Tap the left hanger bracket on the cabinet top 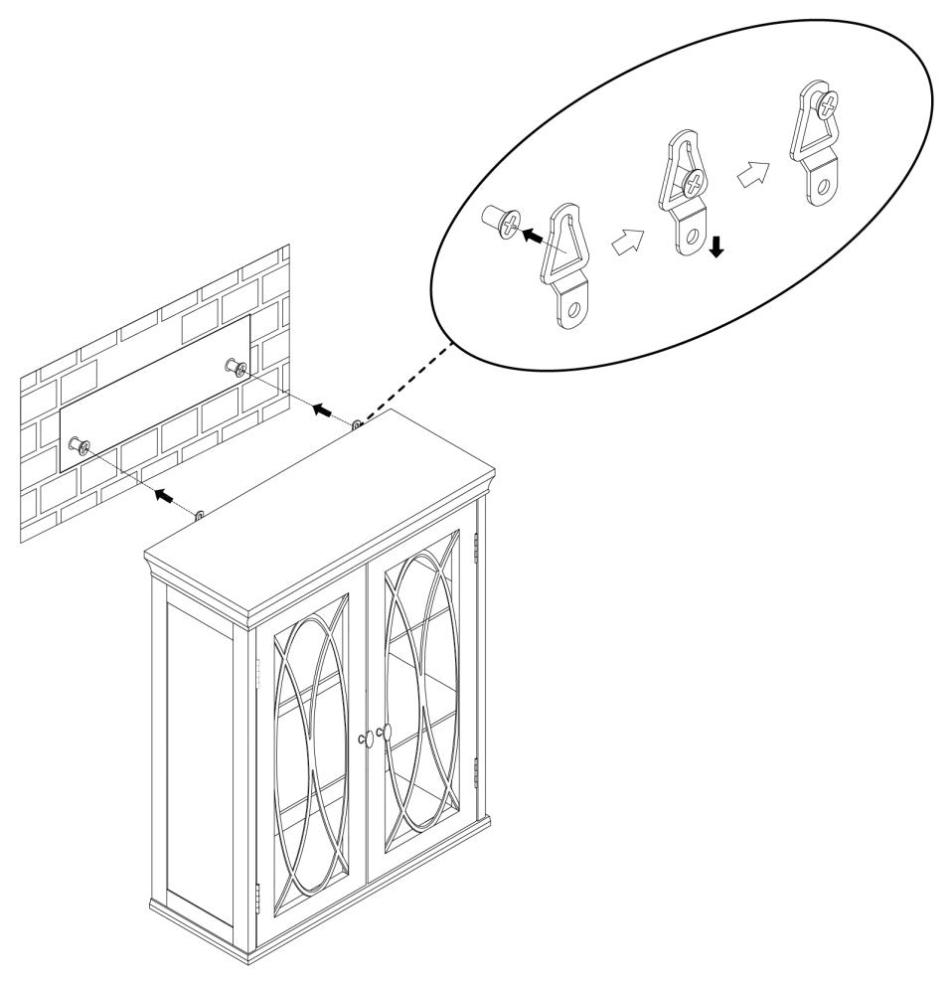[x=199, y=516]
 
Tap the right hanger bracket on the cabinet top [x=355, y=425]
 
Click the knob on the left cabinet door [x=363, y=738]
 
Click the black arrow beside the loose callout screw [x=534, y=237]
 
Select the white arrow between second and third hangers [x=751, y=175]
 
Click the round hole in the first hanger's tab [x=570, y=309]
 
